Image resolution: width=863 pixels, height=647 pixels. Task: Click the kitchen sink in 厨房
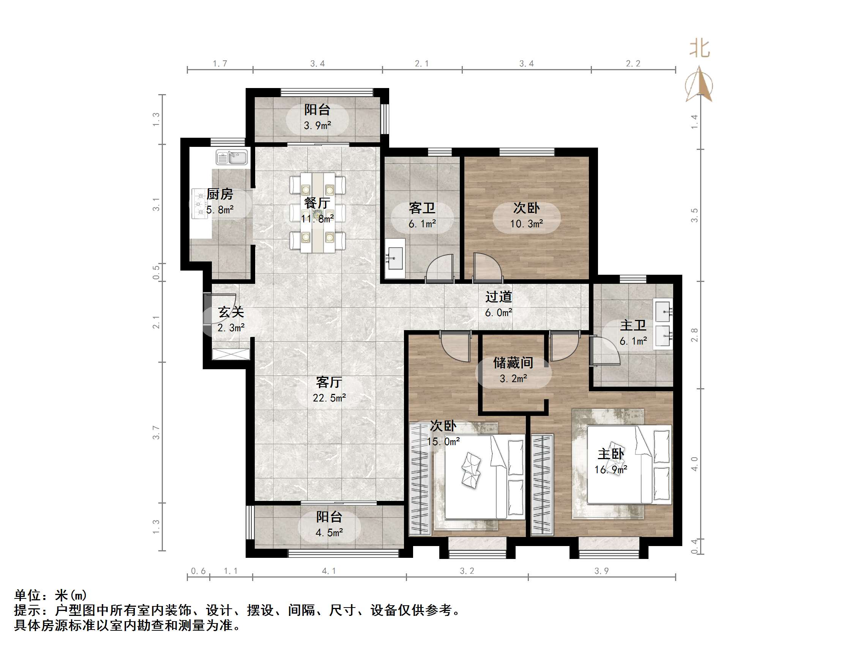(232, 157)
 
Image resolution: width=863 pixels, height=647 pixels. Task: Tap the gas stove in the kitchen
(199, 203)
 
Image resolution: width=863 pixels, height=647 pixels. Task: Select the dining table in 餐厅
(317, 213)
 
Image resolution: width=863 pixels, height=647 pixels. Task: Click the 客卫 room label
(422, 208)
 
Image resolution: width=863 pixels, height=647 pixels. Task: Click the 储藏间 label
(513, 363)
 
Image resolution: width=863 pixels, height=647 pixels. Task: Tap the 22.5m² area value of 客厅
(329, 398)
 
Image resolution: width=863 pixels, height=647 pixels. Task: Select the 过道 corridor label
(498, 297)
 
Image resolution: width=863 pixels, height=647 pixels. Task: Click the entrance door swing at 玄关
(218, 310)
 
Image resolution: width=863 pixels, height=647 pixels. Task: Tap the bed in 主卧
(629, 464)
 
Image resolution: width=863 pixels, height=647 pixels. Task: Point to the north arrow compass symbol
(699, 84)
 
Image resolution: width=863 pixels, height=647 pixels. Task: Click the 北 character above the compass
(699, 49)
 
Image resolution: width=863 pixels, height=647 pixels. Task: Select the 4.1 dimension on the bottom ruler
(328, 571)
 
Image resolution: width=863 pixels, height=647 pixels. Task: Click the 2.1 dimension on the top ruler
(421, 64)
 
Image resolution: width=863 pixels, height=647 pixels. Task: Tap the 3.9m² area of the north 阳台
(317, 126)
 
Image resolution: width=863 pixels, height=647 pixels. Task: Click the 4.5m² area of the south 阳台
(329, 532)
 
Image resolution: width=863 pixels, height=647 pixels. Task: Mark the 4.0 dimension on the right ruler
(694, 464)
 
